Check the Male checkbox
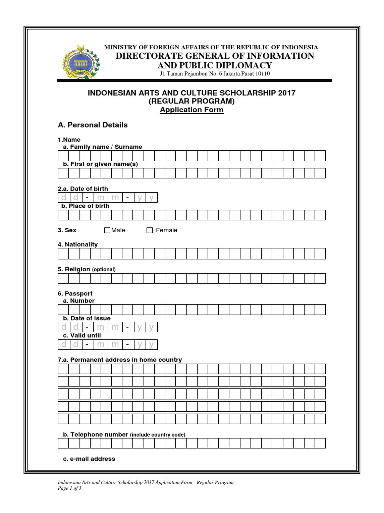click(107, 230)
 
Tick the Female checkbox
click(149, 230)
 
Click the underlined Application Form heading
click(192, 110)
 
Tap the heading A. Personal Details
click(93, 125)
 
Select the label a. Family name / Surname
click(102, 147)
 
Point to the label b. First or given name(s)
click(100, 164)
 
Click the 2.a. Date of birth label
click(83, 188)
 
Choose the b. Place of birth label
click(85, 206)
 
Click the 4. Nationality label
click(78, 244)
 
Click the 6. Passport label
click(75, 293)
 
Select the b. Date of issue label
click(86, 318)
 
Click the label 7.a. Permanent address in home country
click(120, 360)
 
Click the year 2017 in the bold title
click(287, 93)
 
